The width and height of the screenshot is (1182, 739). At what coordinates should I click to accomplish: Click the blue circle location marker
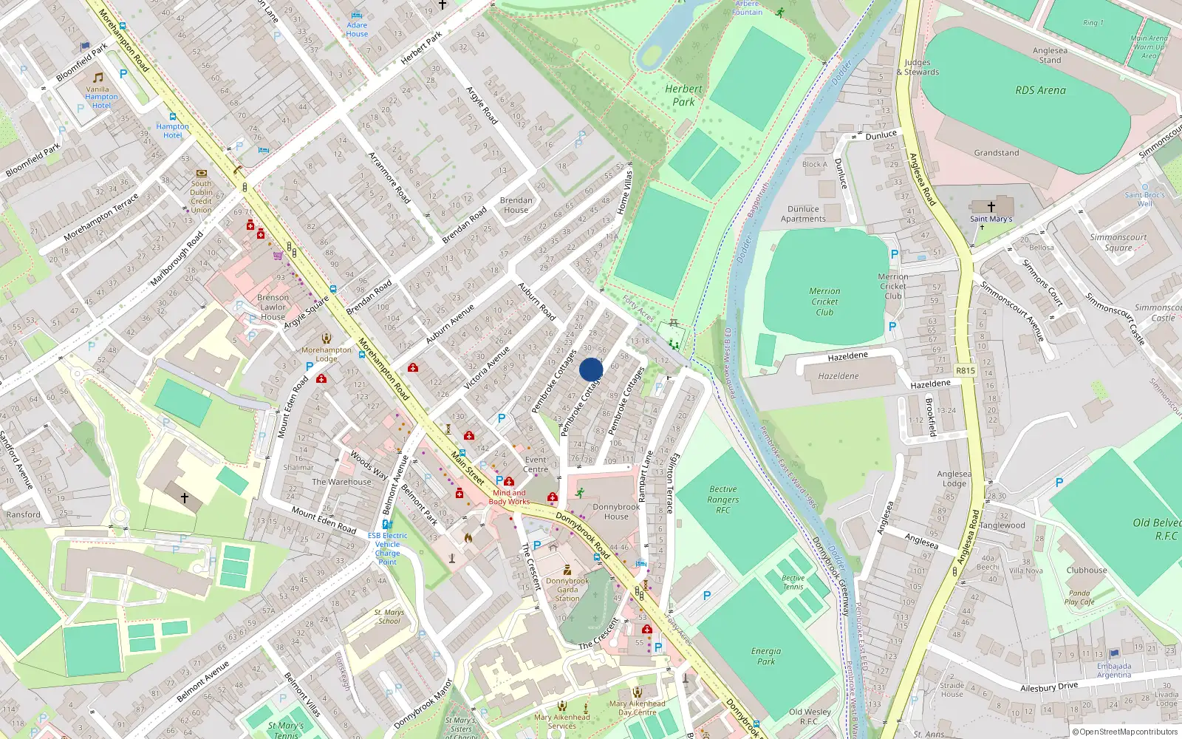click(x=591, y=369)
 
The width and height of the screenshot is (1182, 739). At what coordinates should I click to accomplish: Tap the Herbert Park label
click(x=683, y=95)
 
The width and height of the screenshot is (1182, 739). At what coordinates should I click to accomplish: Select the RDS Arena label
click(x=1040, y=90)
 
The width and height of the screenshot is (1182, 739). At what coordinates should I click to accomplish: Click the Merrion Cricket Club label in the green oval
click(x=824, y=302)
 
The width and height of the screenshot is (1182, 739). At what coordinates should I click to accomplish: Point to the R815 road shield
click(x=965, y=371)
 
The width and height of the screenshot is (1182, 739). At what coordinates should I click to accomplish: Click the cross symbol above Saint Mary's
click(x=991, y=206)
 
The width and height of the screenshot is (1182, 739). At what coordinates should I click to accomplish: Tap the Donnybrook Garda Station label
click(x=567, y=590)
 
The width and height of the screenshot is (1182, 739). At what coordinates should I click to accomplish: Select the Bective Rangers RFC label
click(x=722, y=500)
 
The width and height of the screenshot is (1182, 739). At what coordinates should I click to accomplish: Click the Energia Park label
click(x=766, y=656)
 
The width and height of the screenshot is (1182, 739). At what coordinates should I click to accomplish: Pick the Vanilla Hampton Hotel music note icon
click(x=98, y=78)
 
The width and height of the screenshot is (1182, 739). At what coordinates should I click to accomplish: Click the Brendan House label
click(x=516, y=205)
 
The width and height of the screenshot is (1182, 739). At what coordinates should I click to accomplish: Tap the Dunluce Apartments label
click(x=803, y=214)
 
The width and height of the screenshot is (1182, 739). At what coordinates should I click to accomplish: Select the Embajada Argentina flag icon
click(x=1114, y=653)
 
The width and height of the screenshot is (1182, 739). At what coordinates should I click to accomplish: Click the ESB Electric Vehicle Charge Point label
click(x=387, y=548)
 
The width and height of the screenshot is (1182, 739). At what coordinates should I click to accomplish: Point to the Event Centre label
click(x=536, y=464)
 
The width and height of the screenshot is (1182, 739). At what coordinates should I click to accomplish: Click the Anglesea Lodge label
click(x=954, y=479)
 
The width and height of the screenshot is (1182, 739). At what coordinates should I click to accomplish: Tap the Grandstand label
click(x=996, y=153)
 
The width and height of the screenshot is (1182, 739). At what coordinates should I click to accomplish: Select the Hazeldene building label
click(x=838, y=376)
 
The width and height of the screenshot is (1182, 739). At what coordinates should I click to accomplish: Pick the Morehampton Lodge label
click(x=327, y=354)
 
